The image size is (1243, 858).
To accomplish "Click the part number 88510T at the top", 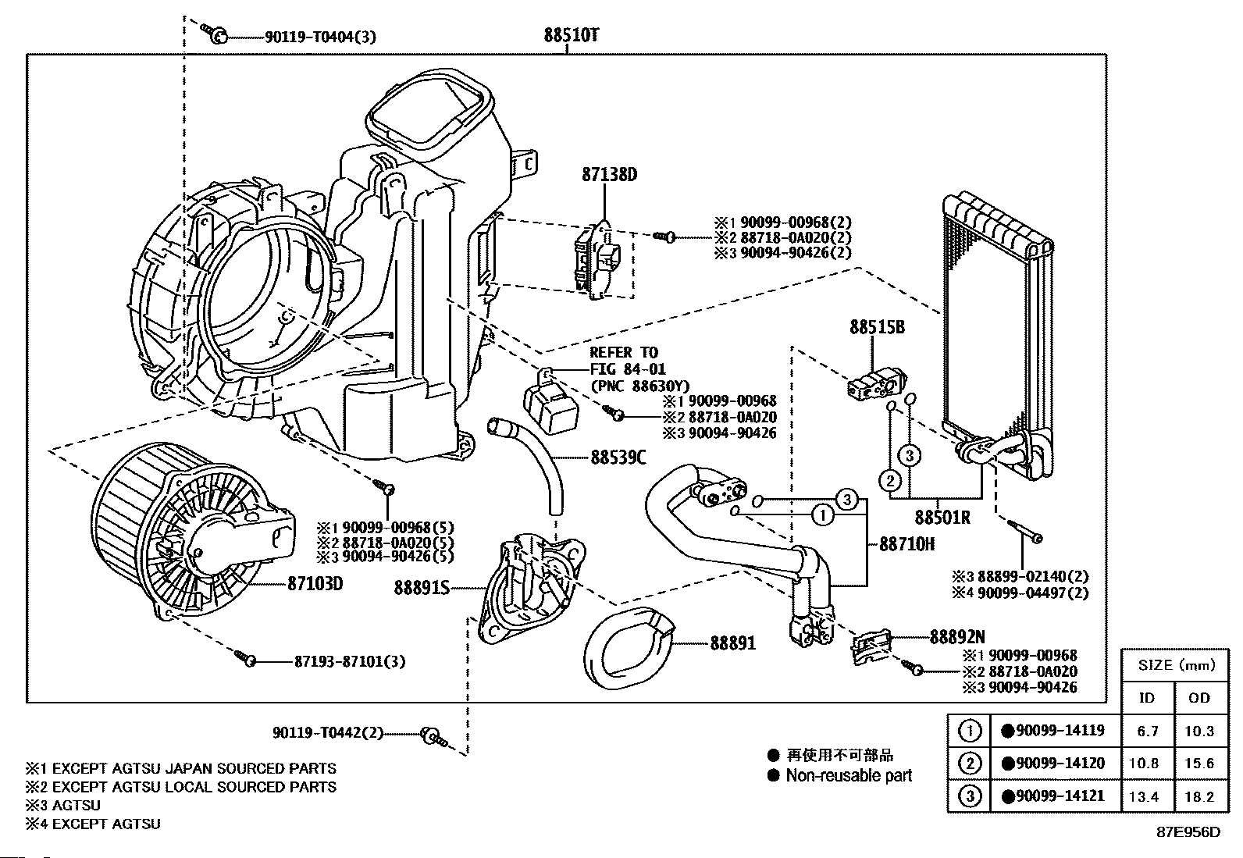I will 572,35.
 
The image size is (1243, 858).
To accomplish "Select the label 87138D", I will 608,175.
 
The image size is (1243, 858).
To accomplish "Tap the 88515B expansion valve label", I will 877,328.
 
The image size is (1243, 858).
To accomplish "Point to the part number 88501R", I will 942,517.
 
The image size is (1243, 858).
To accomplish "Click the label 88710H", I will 906,543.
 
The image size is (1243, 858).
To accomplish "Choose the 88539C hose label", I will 618,457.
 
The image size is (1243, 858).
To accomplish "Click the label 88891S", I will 422,589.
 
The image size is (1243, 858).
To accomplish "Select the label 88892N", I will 957,636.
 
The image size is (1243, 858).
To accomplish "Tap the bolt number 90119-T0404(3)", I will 309,36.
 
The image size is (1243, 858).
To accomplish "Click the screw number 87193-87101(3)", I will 350,661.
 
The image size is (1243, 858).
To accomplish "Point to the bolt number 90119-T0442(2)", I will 329,733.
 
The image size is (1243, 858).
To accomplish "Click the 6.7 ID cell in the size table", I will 1148,732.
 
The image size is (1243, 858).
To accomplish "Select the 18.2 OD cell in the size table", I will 1198,796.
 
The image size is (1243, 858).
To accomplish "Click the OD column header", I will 1198,697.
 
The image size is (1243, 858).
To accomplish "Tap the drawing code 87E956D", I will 1188,831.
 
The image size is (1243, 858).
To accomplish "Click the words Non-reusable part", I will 849,775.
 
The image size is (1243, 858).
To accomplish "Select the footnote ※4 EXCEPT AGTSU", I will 93,824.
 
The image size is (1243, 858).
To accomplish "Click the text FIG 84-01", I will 628,368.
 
